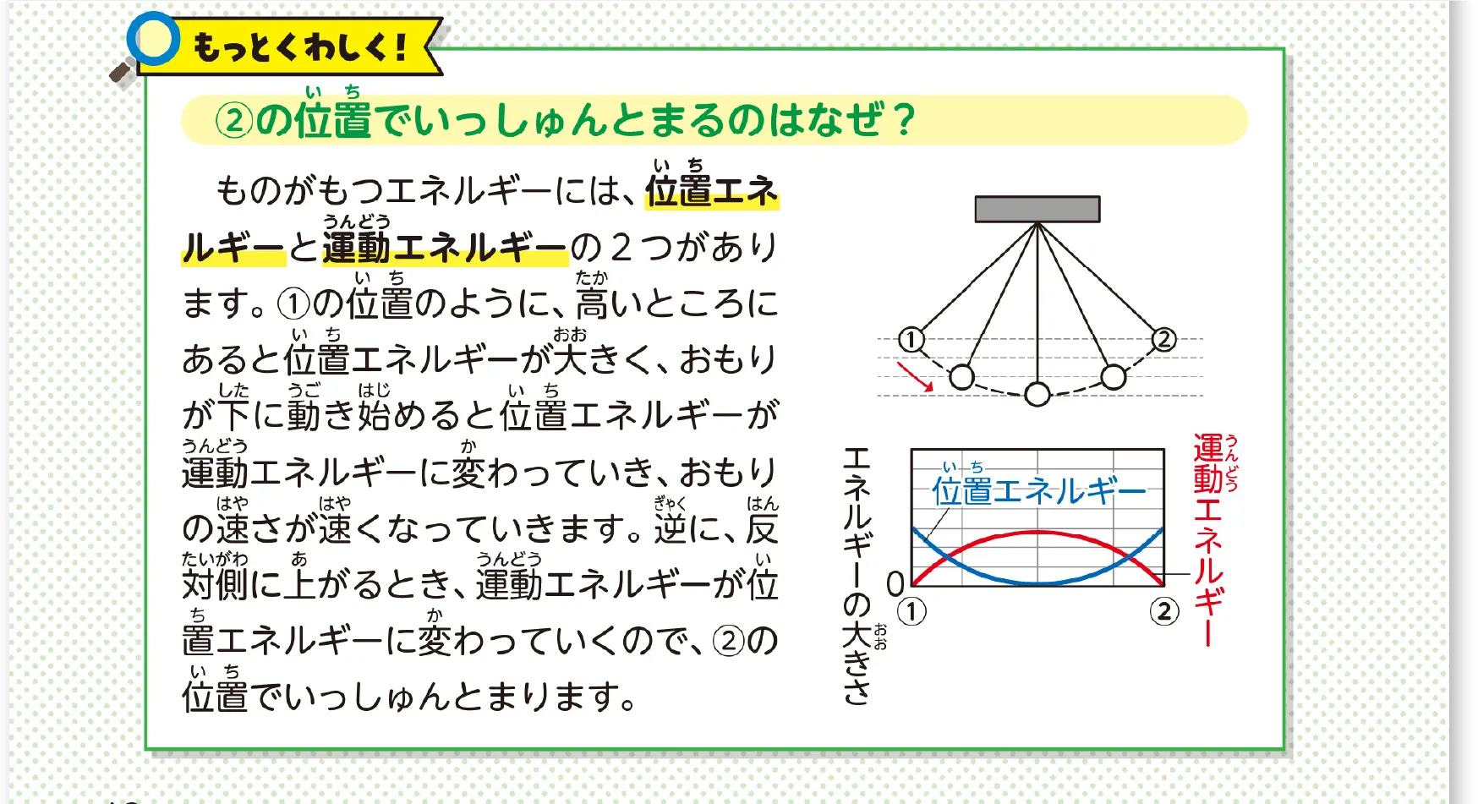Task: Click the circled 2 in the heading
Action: pos(234,120)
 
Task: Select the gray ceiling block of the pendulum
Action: pos(1037,209)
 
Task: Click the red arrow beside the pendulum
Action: pos(915,377)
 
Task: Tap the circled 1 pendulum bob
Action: pos(911,340)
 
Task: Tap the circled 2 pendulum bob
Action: pos(1164,340)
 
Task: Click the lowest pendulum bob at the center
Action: pos(1037,394)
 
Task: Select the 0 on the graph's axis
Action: pos(895,583)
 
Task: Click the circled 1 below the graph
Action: pos(911,611)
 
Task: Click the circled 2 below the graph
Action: pos(1164,611)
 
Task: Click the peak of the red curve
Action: pos(1037,533)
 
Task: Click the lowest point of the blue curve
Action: pos(1037,582)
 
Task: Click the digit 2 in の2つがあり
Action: pos(621,248)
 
